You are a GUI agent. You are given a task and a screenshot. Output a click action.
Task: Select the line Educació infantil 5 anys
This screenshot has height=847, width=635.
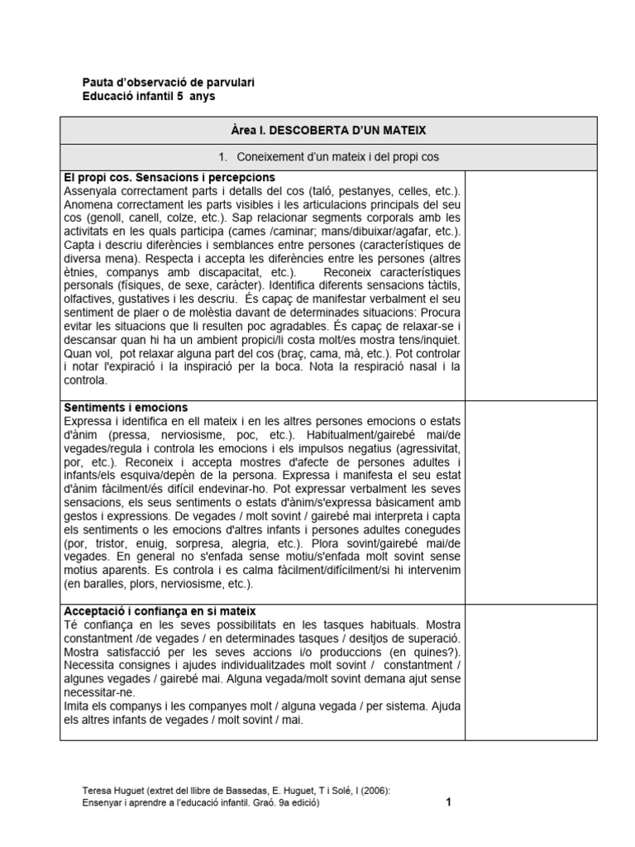point(150,96)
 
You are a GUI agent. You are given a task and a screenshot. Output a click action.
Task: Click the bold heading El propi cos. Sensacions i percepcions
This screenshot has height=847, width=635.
point(169,178)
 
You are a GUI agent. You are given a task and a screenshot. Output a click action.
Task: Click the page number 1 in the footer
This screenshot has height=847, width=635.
point(447,802)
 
